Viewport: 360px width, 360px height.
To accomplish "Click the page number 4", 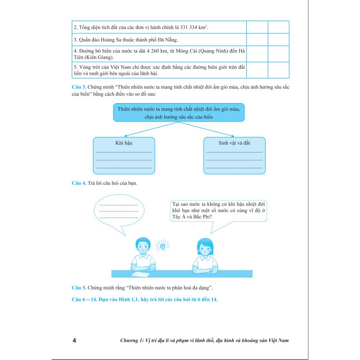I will [x=74, y=341].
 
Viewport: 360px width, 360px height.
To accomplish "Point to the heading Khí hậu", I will [x=124, y=143].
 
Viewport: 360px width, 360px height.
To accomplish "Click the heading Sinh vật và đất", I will [x=234, y=143].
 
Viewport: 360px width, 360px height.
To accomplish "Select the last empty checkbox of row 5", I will [x=278, y=70].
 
